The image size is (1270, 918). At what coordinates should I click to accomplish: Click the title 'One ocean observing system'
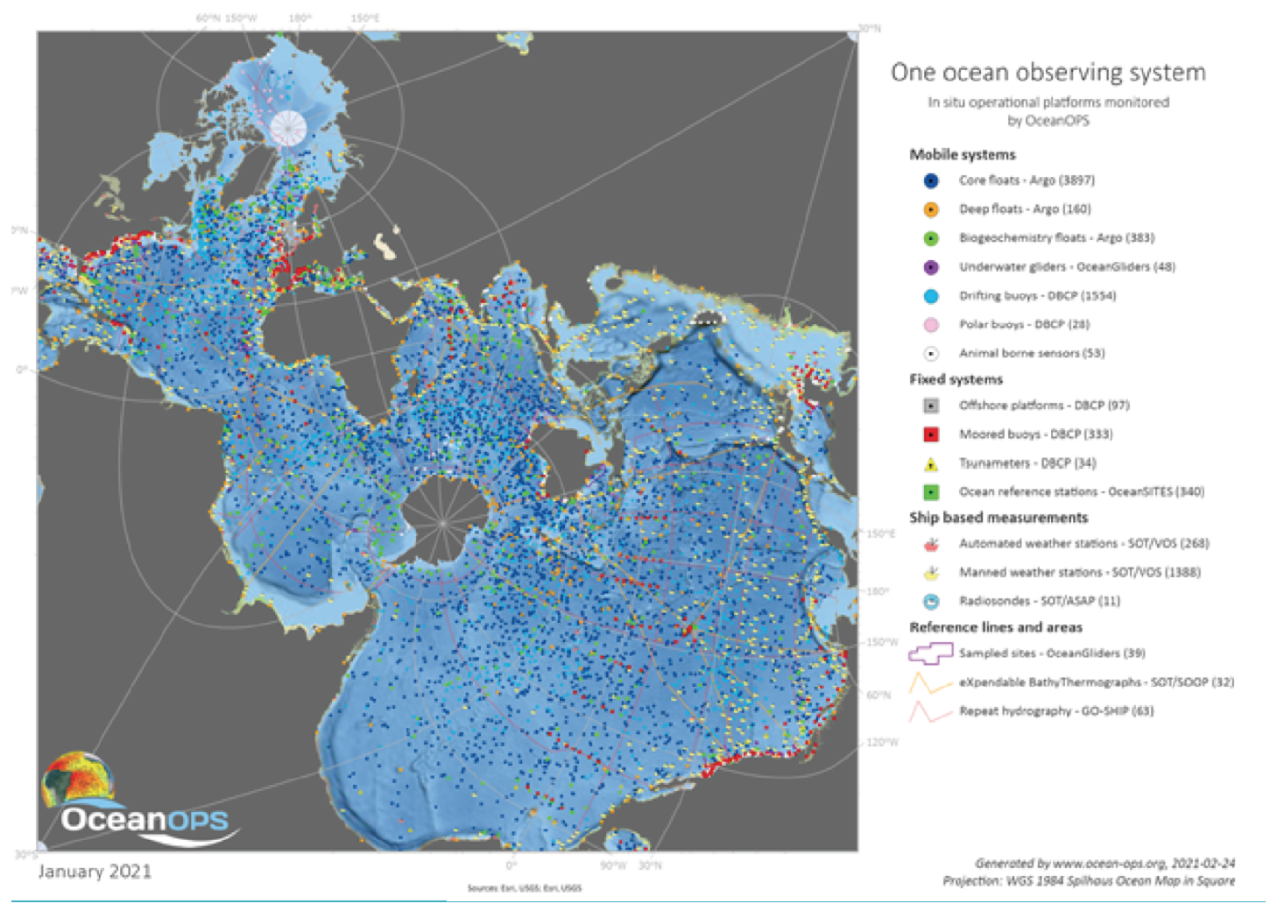pos(1048,73)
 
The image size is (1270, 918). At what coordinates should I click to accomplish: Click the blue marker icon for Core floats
pos(931,180)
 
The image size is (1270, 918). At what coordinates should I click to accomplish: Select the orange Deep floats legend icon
pos(931,209)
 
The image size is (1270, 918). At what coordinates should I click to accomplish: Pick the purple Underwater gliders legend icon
pos(931,267)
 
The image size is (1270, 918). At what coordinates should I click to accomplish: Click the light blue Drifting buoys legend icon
pos(931,296)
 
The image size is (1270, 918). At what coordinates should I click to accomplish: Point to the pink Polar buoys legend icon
pos(931,325)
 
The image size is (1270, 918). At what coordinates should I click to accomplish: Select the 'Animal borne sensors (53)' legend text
pos(1032,353)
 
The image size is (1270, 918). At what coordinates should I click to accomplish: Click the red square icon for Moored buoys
pos(931,434)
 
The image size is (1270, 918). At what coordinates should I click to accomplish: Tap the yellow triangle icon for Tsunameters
pos(931,464)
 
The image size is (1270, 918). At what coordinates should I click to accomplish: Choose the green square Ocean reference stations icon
pos(931,492)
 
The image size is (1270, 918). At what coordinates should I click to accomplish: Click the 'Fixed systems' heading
pos(956,379)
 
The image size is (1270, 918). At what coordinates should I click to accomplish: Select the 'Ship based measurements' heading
pos(998,518)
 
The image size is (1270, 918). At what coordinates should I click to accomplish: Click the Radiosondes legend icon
pos(931,602)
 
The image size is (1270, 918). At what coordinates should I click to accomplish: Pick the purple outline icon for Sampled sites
pos(930,653)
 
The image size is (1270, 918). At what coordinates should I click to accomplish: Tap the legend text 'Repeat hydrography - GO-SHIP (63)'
pos(1056,711)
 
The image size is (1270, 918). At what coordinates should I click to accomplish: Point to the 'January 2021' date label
pos(95,872)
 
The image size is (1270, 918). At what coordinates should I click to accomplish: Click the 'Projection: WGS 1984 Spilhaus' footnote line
pos(1089,881)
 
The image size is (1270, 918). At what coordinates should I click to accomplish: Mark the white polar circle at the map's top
pos(288,128)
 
